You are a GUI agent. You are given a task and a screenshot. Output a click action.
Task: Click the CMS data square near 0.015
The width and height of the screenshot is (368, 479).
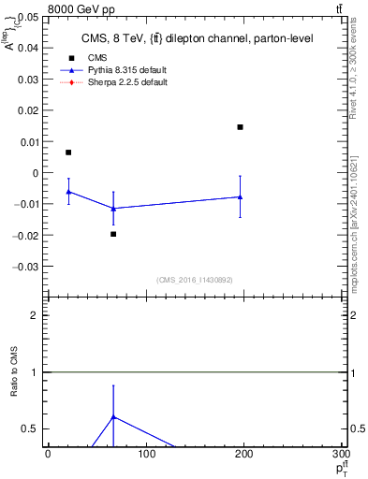(x=241, y=126)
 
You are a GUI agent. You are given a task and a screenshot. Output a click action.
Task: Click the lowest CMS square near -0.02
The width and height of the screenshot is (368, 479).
(x=113, y=234)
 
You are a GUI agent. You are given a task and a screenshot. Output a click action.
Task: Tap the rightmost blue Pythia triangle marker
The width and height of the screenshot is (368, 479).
(x=241, y=196)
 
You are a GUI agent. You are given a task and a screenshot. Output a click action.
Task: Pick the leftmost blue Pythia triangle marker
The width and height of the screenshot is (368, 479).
(x=68, y=191)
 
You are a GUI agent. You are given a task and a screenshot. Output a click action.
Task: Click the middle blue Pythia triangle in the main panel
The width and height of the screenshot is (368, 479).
(x=113, y=208)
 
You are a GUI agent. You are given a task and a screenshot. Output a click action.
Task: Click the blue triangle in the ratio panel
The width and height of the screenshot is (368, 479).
(x=113, y=416)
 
